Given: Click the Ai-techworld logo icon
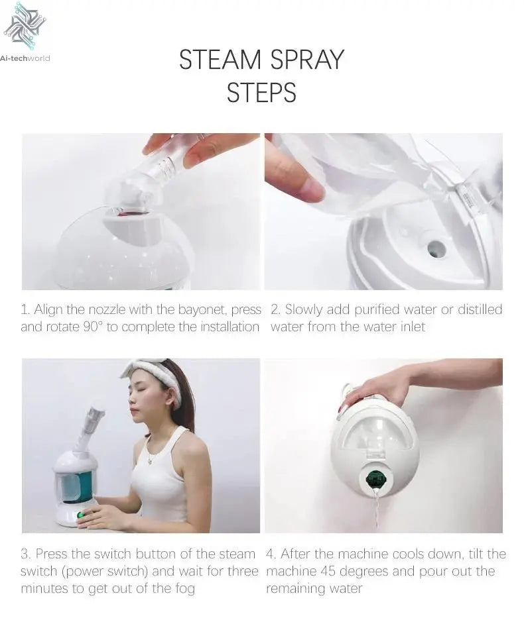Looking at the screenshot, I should (x=25, y=26).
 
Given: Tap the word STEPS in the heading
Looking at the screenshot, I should (x=261, y=93).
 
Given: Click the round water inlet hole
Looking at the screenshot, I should (x=436, y=248).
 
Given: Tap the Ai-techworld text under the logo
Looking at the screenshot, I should (x=26, y=58).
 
